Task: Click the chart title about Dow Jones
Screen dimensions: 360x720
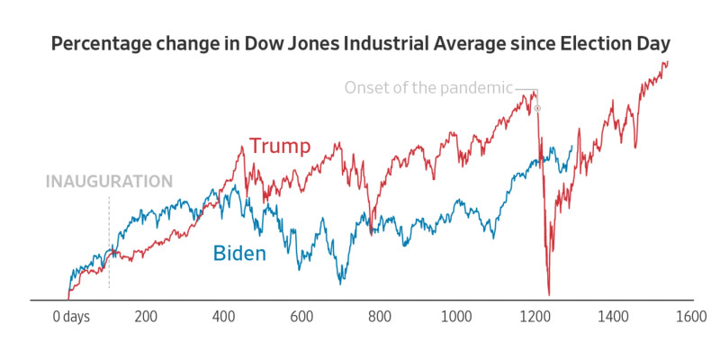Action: pos(360,44)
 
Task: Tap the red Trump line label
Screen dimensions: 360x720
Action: pos(280,146)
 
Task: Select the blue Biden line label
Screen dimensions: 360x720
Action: pos(239,254)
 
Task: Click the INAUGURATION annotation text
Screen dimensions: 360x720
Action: pos(109,181)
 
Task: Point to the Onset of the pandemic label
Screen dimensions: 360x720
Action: pos(428,87)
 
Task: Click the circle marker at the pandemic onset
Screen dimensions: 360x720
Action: pos(537,108)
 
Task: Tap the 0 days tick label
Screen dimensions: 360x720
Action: pos(71,317)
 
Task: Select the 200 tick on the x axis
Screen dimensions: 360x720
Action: pos(146,317)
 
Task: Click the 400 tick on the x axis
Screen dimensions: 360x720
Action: pos(223,317)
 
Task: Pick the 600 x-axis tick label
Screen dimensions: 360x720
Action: pos(301,317)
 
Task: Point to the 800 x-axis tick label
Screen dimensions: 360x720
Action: pos(379,317)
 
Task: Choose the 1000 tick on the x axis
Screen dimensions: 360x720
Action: pos(456,317)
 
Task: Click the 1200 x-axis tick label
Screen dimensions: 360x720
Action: pos(535,317)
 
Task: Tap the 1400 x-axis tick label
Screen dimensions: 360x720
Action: pos(612,317)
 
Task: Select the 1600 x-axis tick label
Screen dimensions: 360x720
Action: pos(690,317)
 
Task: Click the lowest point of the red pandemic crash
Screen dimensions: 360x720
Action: pos(549,293)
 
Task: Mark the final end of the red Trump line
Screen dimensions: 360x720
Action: pos(668,61)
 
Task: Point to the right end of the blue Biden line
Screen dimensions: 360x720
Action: pos(572,147)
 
